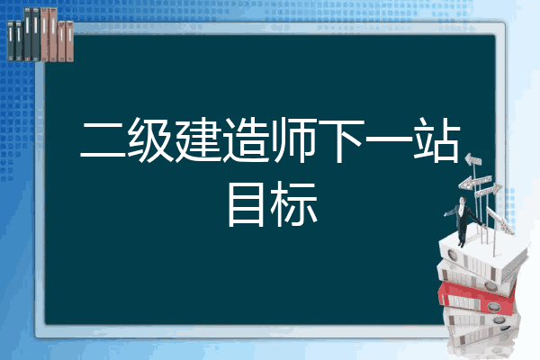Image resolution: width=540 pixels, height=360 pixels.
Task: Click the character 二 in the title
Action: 103,140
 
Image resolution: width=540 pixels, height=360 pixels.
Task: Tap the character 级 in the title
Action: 150,139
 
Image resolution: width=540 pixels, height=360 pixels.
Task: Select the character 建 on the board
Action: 198,139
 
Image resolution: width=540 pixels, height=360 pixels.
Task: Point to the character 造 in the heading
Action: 246,139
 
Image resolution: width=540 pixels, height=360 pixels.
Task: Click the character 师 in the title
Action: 293,139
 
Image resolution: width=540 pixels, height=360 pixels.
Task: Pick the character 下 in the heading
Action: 342,140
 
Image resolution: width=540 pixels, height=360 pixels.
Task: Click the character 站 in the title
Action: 436,139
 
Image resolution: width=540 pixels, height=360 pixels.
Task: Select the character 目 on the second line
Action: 246,204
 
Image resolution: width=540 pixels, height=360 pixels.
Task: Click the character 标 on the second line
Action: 293,204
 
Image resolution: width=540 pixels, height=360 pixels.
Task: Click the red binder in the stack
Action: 477,298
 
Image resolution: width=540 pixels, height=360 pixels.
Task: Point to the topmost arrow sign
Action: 473,159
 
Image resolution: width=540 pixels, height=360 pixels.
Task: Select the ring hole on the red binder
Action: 493,306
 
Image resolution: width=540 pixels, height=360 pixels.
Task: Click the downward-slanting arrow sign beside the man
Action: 500,220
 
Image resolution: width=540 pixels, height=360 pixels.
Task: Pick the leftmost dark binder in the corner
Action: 11,40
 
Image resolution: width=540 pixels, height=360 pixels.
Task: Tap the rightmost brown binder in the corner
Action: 69,41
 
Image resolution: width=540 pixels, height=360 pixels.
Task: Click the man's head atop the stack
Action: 462,200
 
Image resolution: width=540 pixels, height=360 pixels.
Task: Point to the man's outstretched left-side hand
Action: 445,214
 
